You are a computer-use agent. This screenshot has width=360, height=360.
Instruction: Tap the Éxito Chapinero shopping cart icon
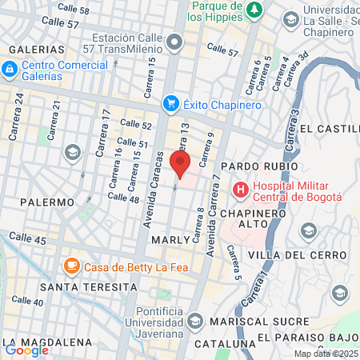(170, 103)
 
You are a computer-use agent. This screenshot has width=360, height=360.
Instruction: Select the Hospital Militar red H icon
(239, 190)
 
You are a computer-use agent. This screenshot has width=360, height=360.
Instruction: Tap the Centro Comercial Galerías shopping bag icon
(9, 70)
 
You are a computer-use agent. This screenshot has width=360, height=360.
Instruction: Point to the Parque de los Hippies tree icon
(254, 10)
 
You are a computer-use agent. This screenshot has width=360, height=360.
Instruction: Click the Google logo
(26, 350)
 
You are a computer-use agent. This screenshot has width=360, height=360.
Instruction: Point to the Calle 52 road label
(135, 124)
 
